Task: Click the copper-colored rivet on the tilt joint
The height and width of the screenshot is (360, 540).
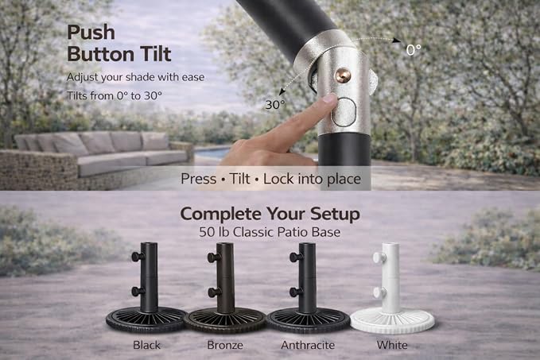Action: [x=343, y=75]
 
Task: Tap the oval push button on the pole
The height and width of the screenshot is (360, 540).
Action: [x=344, y=112]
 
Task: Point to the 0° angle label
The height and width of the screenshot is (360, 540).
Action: [x=413, y=50]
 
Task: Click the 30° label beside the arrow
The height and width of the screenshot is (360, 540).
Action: [x=275, y=105]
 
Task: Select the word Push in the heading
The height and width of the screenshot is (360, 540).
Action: [x=91, y=33]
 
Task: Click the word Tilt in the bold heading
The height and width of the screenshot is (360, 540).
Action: [x=156, y=54]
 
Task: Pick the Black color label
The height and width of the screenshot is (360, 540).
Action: [x=146, y=345]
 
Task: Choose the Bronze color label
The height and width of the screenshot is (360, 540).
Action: [x=225, y=345]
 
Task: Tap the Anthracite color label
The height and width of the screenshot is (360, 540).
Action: [x=308, y=345]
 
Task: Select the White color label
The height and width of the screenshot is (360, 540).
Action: [x=392, y=345]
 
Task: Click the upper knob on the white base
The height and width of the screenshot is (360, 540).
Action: [x=378, y=257]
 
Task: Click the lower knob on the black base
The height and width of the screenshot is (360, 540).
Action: [x=138, y=292]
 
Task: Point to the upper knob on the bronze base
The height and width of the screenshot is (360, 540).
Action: [x=214, y=257]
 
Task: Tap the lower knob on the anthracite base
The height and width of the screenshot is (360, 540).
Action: [x=296, y=292]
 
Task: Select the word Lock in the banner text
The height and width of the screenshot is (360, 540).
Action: [x=278, y=179]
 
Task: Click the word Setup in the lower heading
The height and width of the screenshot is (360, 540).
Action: [x=335, y=215]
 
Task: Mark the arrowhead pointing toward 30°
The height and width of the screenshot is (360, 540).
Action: [x=282, y=91]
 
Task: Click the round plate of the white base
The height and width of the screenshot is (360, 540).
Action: [x=392, y=321]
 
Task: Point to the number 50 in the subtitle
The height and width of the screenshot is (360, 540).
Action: [x=207, y=232]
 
